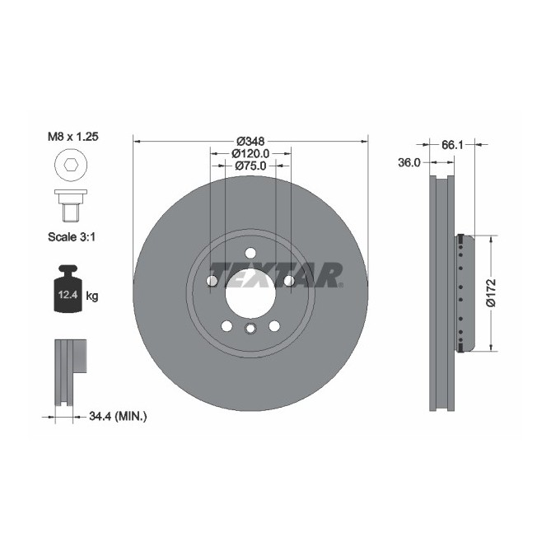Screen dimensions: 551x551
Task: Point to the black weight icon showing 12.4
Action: click(x=68, y=290)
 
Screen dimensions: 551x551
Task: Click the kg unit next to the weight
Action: click(x=92, y=296)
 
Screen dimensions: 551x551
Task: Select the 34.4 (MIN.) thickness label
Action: click(x=116, y=417)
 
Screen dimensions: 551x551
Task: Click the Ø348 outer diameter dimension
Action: click(x=250, y=140)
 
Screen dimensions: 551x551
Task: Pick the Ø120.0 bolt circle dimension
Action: click(x=250, y=153)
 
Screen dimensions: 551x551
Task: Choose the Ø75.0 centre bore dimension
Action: click(x=250, y=166)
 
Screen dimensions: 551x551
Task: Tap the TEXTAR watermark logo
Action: click(x=275, y=274)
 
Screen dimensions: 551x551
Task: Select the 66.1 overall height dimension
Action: click(x=451, y=144)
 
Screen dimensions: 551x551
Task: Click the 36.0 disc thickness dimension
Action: click(x=409, y=163)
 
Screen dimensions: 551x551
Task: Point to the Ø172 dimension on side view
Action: click(x=491, y=292)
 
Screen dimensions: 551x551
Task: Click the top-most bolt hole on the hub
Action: click(x=250, y=253)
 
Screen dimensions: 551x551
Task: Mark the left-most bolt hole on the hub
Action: click(x=212, y=282)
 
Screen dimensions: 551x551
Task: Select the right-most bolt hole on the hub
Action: click(x=289, y=282)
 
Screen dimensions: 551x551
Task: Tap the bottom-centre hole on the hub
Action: click(x=250, y=330)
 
